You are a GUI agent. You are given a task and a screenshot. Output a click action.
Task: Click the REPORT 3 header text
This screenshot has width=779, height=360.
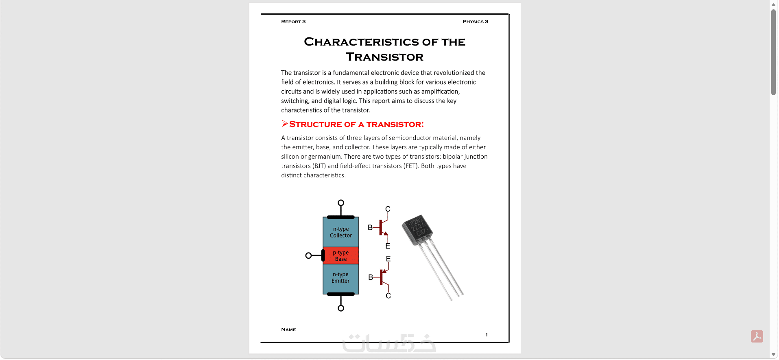click(x=293, y=22)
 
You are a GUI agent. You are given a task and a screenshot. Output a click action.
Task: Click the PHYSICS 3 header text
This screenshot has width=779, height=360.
click(x=475, y=22)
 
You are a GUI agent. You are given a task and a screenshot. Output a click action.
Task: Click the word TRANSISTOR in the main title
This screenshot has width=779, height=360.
click(x=384, y=57)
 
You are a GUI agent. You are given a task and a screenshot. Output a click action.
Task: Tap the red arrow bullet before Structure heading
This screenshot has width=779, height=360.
click(x=285, y=124)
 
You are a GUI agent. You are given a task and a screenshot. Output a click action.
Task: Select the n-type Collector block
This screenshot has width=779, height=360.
click(x=341, y=232)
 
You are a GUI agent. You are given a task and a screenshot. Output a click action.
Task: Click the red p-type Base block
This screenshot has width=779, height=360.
click(x=341, y=255)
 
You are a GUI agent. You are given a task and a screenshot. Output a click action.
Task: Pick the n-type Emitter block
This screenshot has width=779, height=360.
click(x=341, y=279)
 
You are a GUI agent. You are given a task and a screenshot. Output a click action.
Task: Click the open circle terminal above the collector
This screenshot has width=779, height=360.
click(x=341, y=203)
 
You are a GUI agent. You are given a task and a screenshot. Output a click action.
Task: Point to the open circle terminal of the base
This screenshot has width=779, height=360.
click(x=308, y=255)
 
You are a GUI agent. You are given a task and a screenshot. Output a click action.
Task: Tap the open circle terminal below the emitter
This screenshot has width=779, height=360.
click(x=341, y=308)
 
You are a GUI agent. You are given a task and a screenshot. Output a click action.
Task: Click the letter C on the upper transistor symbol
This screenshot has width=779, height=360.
click(x=388, y=209)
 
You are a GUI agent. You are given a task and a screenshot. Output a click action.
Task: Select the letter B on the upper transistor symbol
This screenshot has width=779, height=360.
click(x=370, y=227)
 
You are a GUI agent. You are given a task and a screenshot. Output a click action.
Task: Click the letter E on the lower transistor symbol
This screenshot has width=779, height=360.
click(x=388, y=259)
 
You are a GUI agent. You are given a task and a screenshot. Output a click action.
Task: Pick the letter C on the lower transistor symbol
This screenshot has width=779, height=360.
click(x=388, y=296)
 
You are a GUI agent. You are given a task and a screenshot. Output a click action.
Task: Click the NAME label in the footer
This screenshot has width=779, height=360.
click(x=288, y=329)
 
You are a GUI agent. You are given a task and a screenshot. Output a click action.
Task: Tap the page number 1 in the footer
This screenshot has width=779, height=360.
click(x=487, y=335)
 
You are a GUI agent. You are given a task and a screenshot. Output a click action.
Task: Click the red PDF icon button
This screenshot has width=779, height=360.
click(x=757, y=336)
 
